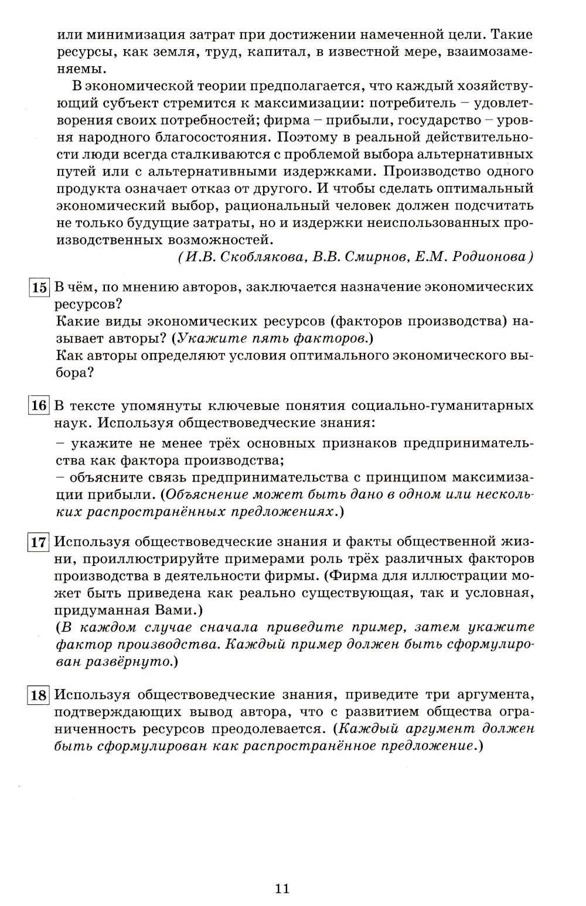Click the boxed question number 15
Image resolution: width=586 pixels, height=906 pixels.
pos(39,287)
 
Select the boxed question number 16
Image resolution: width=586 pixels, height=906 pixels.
pos(39,405)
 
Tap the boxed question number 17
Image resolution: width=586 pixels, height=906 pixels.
pos(39,542)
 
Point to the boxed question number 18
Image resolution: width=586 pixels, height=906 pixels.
pos(39,695)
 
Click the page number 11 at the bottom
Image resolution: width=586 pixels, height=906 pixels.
pos(282,888)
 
